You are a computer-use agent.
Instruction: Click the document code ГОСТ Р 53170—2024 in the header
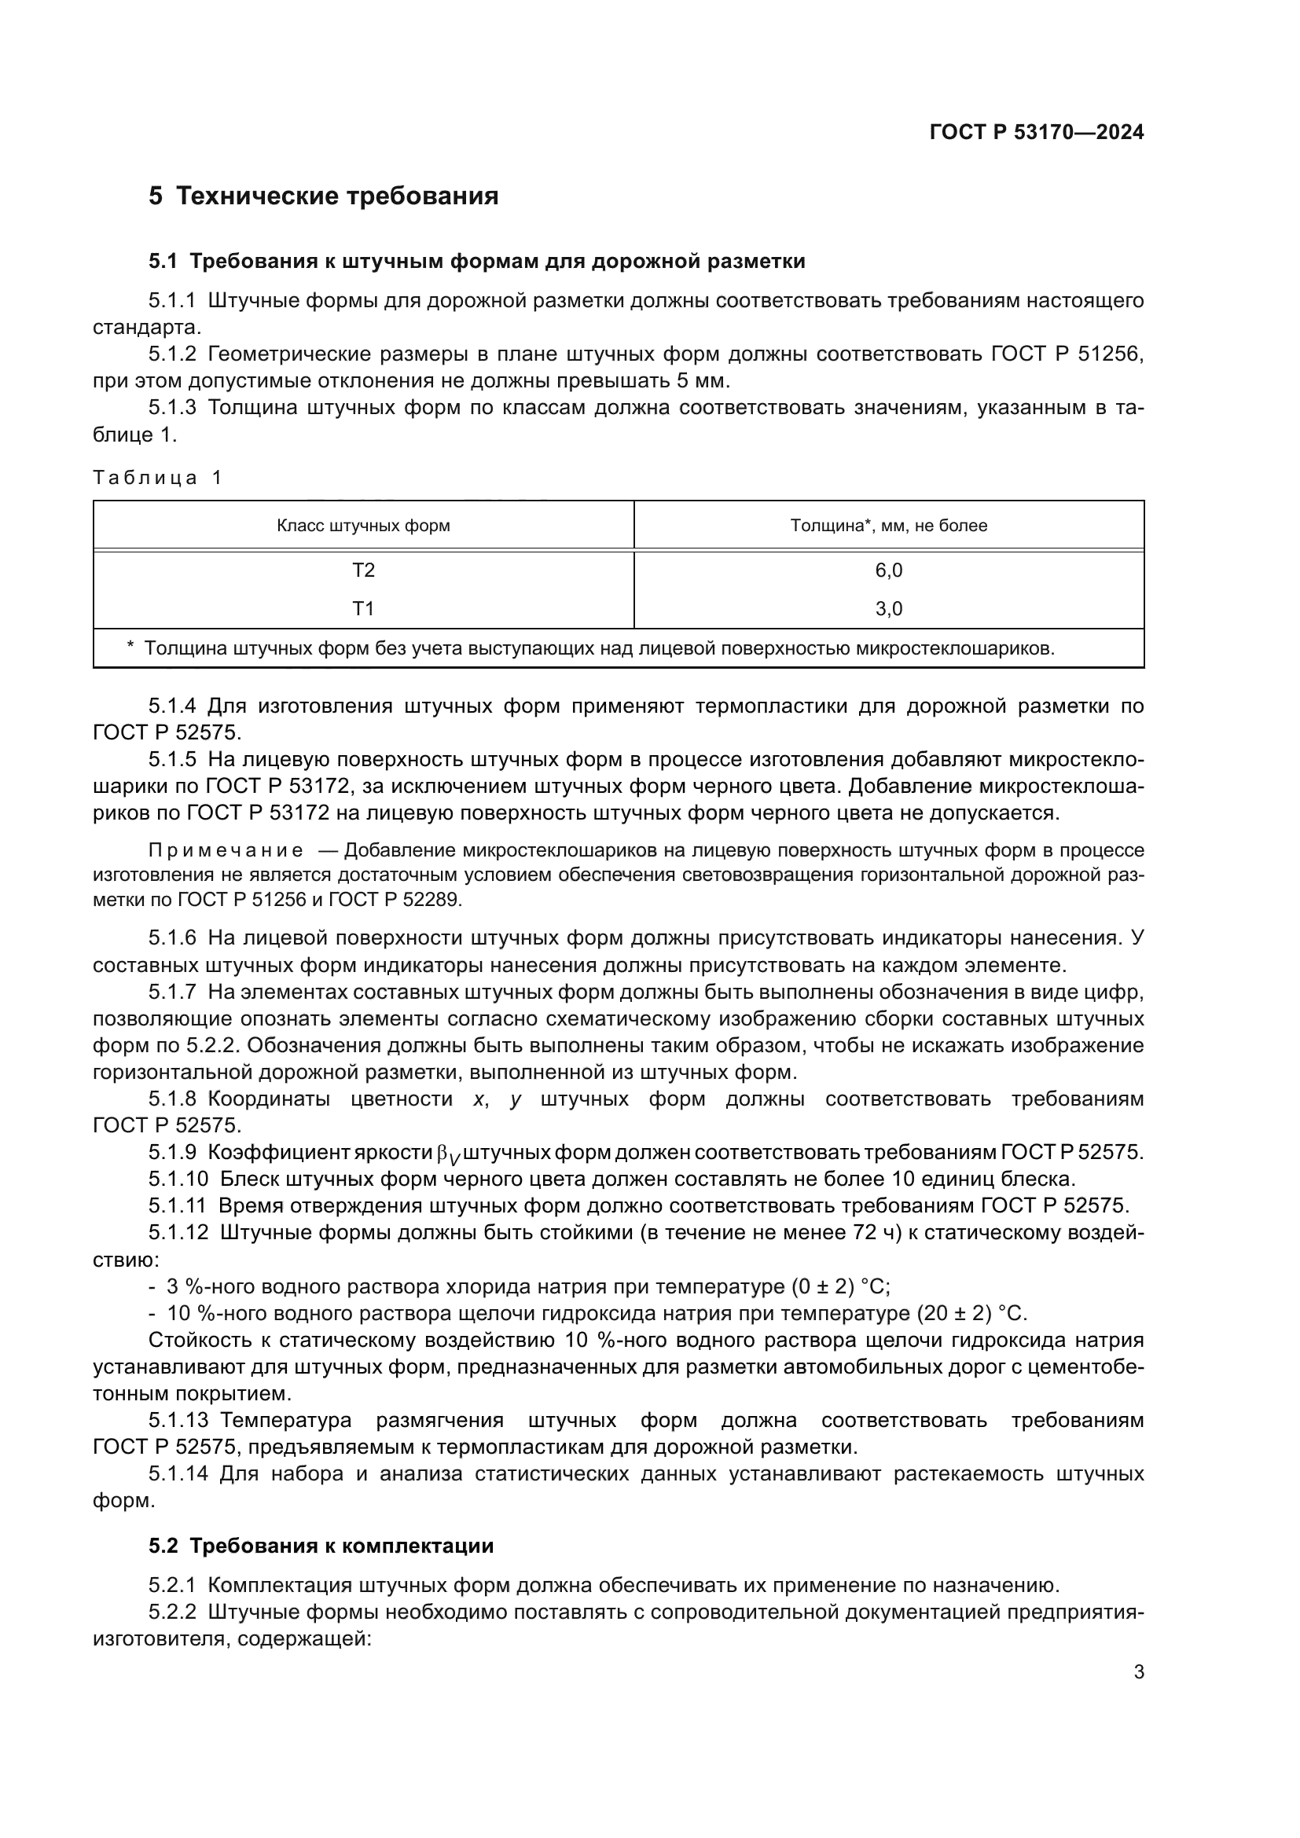(1037, 132)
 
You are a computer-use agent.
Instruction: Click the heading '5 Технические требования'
(323, 196)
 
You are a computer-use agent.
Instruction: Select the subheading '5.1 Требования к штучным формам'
(477, 261)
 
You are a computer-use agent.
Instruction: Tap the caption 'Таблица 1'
(157, 478)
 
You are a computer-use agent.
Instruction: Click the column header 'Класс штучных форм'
(363, 526)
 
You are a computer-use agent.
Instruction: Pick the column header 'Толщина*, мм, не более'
(889, 526)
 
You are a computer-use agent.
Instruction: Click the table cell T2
(363, 570)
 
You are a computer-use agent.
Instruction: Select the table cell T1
(363, 608)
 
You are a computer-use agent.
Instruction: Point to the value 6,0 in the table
(889, 570)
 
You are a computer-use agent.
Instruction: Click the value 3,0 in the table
(889, 608)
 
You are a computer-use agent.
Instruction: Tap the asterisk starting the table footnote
(130, 647)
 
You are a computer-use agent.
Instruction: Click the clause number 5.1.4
(172, 706)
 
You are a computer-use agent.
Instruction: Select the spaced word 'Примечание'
(226, 850)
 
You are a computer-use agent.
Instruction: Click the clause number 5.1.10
(178, 1179)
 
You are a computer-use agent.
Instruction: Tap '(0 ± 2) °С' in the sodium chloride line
(840, 1286)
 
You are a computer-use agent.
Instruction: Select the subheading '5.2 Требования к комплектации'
(321, 1546)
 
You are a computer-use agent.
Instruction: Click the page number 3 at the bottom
(1138, 1672)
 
